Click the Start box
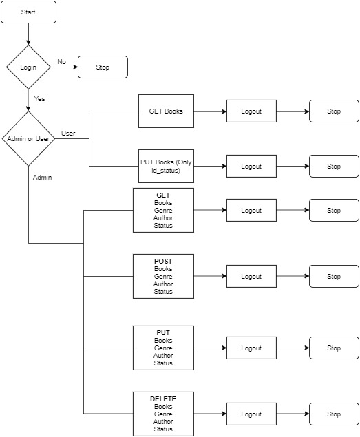28,12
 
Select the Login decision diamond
28,67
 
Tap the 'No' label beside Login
61,62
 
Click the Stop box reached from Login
103,67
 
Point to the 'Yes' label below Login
39,99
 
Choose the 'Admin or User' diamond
28,139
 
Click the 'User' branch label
68,133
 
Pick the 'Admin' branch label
42,177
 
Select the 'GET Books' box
166,111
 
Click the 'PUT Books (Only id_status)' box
166,166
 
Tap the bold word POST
163,262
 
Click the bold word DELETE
163,399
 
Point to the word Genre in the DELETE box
163,414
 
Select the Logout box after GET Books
251,111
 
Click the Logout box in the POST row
251,277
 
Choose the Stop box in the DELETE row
334,414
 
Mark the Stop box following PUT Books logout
334,167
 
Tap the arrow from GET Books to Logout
210,111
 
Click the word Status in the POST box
163,291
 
